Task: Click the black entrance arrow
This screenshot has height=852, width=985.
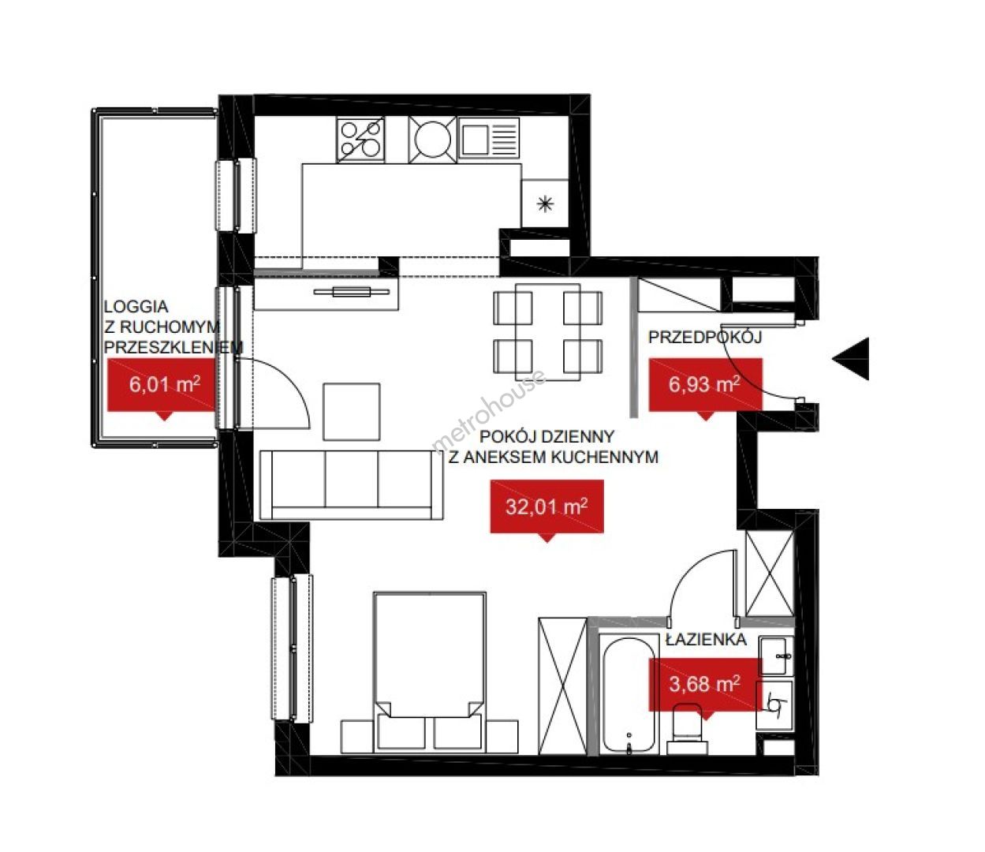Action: [853, 358]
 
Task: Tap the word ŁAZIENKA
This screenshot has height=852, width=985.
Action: [706, 640]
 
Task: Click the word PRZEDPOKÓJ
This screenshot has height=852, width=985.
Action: [705, 337]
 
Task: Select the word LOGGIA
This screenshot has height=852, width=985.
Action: [136, 306]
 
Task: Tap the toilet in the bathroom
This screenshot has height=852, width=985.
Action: [687, 734]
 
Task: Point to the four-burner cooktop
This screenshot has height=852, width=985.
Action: [360, 139]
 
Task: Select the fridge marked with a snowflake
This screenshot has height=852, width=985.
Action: [545, 204]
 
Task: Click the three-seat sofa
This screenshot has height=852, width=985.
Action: [351, 485]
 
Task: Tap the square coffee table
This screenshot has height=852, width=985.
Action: [352, 412]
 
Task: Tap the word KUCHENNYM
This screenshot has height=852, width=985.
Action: [604, 458]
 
